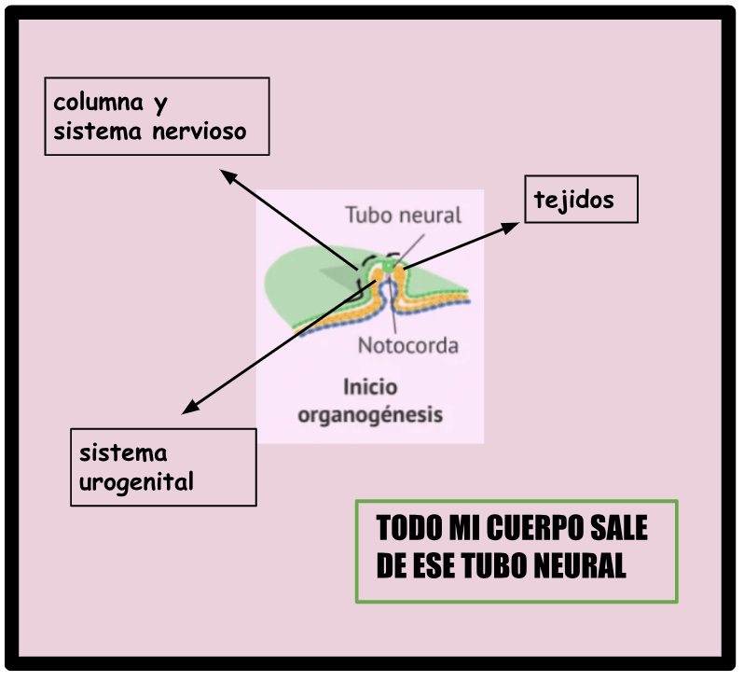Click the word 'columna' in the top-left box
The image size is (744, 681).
pos(98,102)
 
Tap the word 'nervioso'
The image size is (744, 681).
pos(200,132)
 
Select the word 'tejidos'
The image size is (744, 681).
pos(573,201)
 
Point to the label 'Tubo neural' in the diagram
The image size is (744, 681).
pos(404,215)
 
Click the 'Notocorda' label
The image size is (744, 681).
pos(408,346)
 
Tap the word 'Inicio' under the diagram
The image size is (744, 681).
pos(370,387)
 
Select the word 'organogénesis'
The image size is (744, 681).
pos(370,415)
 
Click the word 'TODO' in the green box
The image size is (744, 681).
pos(409,528)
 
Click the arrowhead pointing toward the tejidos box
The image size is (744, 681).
pos(511,228)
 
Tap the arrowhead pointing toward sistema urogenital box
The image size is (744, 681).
pos(190,407)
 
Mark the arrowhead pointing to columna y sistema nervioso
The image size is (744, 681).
pos(228,176)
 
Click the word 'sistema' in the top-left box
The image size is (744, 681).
pos(97,132)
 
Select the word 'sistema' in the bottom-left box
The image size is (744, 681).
pos(123,453)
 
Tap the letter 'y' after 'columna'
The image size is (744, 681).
pos(161,104)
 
